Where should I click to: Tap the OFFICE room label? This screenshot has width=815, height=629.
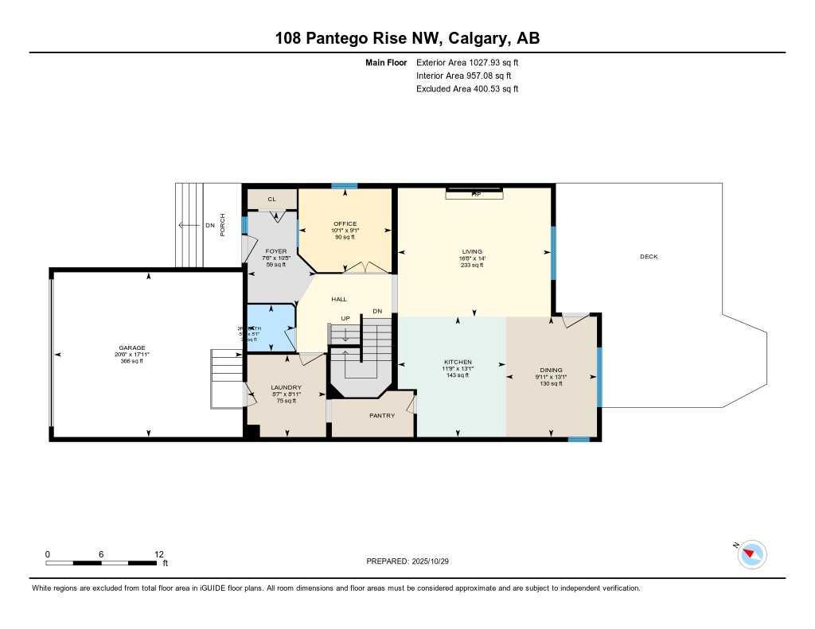coord(345,223)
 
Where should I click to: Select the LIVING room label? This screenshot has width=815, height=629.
coord(471,251)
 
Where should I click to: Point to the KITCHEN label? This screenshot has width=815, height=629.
coord(458,362)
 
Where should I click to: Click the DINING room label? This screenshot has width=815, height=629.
coord(551,370)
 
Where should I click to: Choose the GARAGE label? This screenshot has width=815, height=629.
coord(132,348)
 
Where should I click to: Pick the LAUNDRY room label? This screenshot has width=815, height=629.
coord(286,387)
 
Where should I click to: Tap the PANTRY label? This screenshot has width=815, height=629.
coord(382,415)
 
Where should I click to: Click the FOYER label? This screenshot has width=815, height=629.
coord(275,251)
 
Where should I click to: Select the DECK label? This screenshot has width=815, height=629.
coord(649,256)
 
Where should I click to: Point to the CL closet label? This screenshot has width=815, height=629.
coord(271,200)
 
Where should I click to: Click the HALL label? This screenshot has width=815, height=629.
coord(339,299)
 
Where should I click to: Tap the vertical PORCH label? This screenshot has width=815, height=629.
coord(223,225)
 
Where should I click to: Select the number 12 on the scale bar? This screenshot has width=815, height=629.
coord(158,554)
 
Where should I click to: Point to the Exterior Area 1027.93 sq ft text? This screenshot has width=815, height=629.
coord(466,62)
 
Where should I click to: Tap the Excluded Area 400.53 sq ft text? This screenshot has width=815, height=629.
coord(466,89)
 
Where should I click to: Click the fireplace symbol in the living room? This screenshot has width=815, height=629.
coord(474,193)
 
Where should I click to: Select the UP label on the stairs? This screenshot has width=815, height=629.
coord(345,318)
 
